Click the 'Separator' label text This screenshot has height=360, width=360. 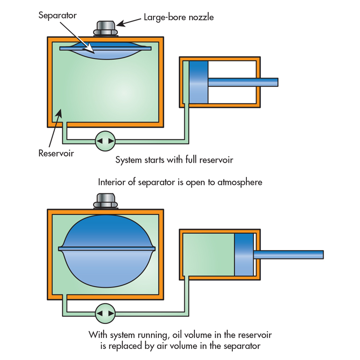(58, 15)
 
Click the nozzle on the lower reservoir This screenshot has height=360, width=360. (106, 202)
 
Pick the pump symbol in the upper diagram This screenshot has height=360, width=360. (105, 140)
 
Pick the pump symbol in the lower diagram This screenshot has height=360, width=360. (105, 313)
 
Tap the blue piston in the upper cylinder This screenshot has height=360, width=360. (198, 82)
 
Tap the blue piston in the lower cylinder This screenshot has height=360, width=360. (244, 255)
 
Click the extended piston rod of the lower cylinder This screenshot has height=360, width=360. (288, 255)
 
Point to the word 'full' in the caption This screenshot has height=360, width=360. (190, 160)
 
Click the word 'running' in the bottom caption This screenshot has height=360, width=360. (160, 335)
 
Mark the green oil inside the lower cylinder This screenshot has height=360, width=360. (208, 255)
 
